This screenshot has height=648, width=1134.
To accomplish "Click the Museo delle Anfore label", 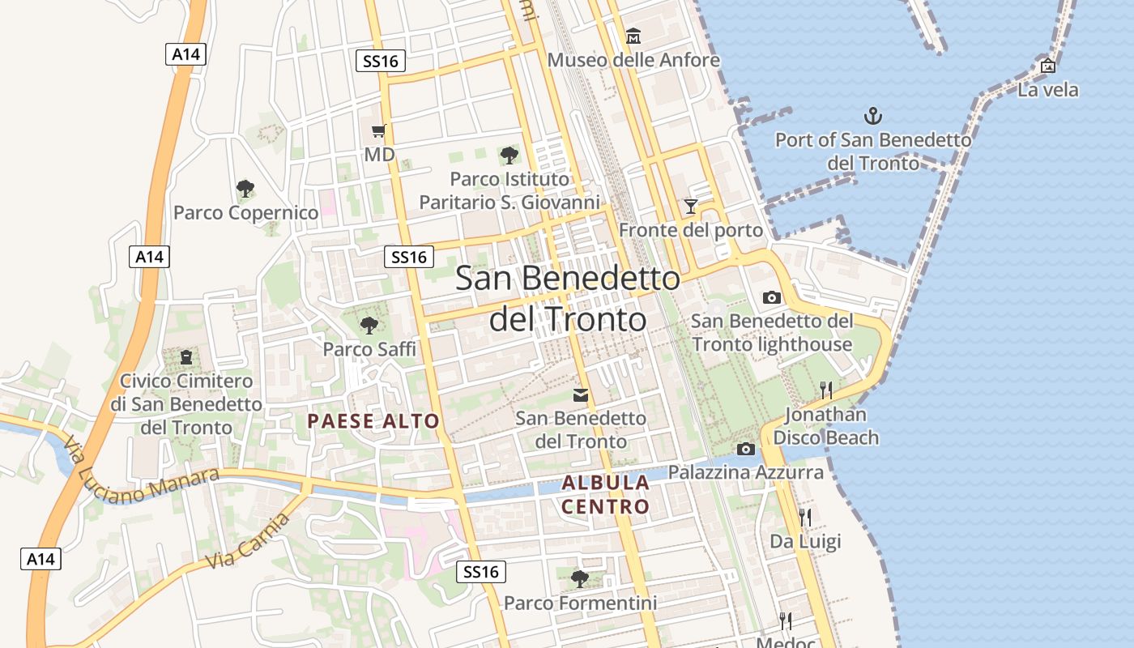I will click(633, 60).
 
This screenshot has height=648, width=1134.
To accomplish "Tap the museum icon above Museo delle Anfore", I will click(633, 36).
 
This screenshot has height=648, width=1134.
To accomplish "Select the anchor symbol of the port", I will click(872, 116).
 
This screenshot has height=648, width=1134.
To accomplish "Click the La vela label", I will click(1048, 90).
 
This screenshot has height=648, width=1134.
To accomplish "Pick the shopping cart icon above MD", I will click(378, 131).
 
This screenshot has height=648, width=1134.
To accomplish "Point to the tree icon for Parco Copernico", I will click(245, 189).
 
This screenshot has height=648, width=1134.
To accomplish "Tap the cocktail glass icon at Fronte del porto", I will click(690, 207).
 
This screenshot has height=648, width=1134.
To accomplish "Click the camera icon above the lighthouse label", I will click(772, 297).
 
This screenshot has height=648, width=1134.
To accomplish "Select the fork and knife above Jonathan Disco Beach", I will click(826, 390).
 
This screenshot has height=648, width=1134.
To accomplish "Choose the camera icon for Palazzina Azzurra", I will click(745, 449).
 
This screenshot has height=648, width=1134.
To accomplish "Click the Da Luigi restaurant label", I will click(805, 541).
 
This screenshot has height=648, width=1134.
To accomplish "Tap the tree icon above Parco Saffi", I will click(369, 326).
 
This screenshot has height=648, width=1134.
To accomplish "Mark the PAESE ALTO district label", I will click(373, 421).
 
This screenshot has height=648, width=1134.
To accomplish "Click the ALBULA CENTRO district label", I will click(606, 495).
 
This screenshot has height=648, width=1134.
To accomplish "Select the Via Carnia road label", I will click(247, 541).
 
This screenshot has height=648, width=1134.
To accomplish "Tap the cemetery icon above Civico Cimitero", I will click(186, 356).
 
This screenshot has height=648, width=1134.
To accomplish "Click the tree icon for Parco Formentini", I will click(579, 578).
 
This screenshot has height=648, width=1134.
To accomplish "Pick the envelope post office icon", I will click(581, 395).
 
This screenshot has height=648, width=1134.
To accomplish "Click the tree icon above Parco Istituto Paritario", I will click(509, 155).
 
